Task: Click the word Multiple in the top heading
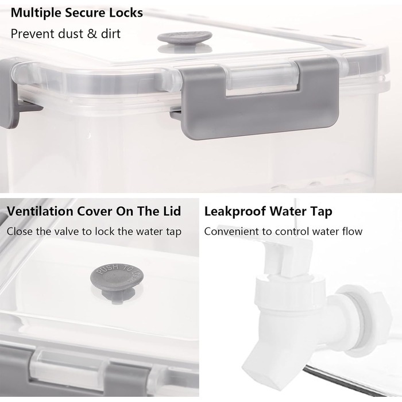[x=36, y=13]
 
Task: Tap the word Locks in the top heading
[x=126, y=13]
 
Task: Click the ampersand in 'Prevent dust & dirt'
[x=92, y=34]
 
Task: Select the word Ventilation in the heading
[x=40, y=211]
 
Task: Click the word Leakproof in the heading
[x=235, y=212]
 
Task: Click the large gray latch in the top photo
[x=259, y=100]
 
